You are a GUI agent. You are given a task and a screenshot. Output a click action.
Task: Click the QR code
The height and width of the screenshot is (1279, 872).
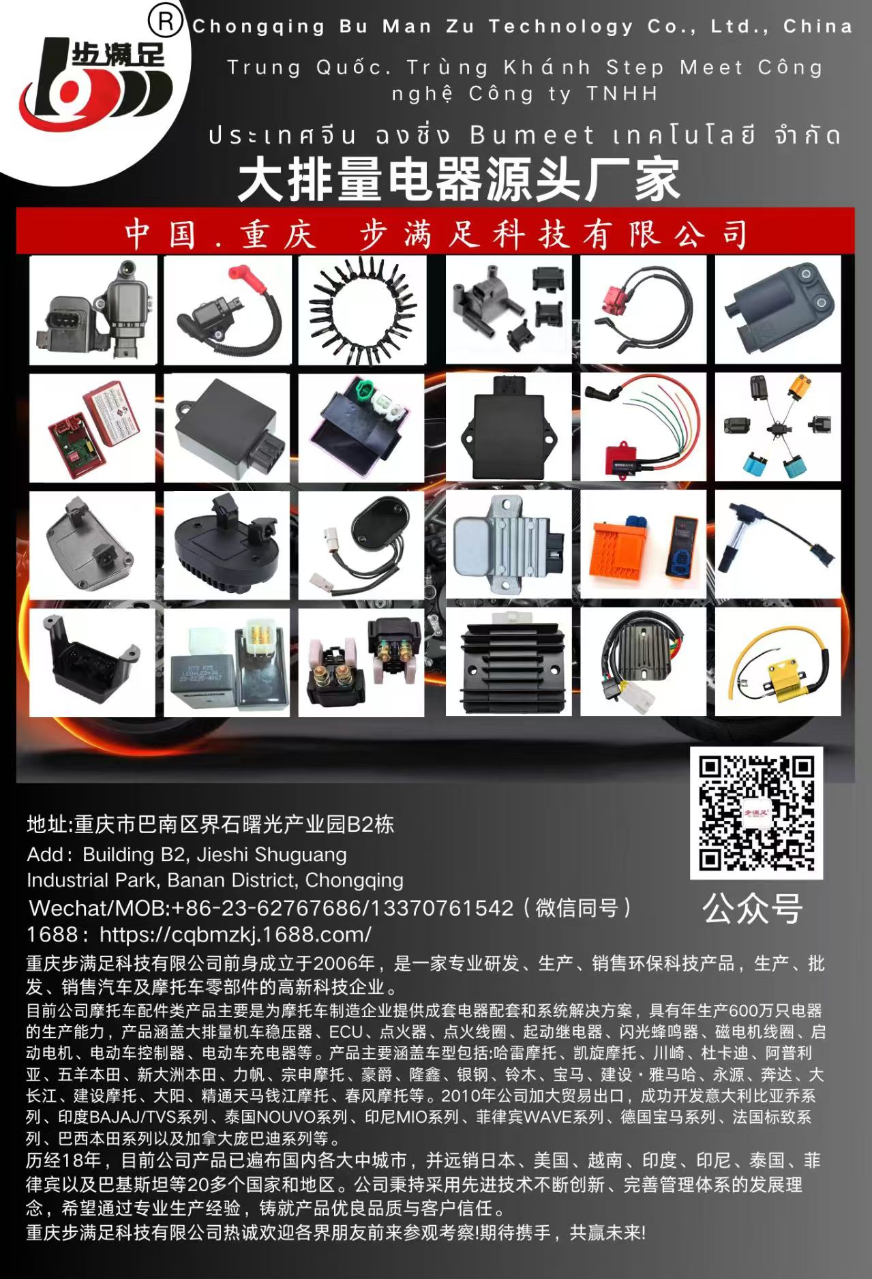click(x=756, y=813)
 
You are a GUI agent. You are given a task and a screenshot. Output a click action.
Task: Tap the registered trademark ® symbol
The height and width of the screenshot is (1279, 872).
click(x=166, y=21)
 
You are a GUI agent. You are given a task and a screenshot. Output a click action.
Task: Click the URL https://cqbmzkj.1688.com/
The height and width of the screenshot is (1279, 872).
click(x=235, y=934)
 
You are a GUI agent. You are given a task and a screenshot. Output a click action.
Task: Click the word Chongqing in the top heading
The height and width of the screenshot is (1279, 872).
click(x=258, y=27)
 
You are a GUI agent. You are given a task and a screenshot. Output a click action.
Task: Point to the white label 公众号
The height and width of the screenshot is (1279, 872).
click(x=753, y=909)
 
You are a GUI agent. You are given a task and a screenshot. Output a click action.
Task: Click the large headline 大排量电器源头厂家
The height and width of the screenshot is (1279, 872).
click(x=459, y=180)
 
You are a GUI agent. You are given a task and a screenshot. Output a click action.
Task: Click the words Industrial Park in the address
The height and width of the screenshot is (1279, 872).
click(x=93, y=880)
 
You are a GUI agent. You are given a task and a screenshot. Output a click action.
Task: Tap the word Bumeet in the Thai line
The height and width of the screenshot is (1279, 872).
click(x=532, y=135)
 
